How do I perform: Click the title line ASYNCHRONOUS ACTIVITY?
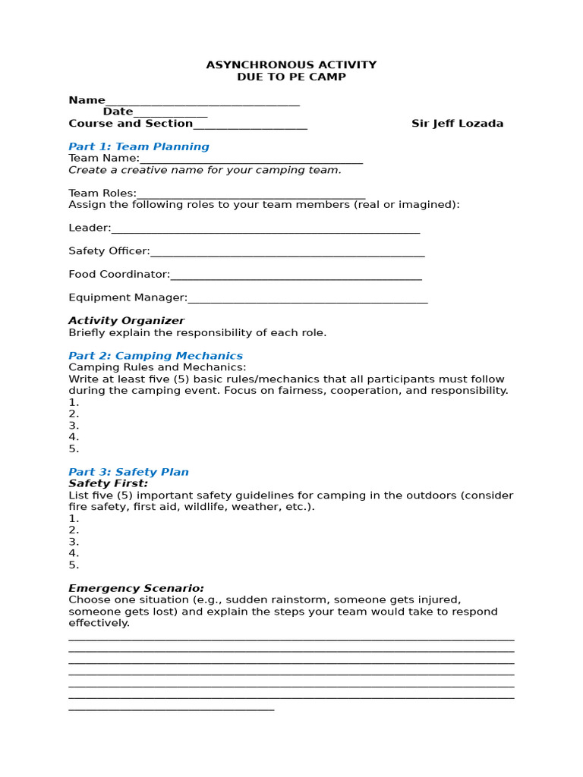pyautogui.click(x=291, y=65)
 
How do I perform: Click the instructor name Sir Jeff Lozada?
pyautogui.click(x=457, y=124)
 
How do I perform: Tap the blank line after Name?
pyautogui.click(x=203, y=102)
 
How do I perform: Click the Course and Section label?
pyautogui.click(x=131, y=124)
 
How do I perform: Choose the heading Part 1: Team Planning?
pyautogui.click(x=139, y=146)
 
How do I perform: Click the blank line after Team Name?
pyautogui.click(x=251, y=160)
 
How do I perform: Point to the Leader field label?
pyautogui.click(x=90, y=228)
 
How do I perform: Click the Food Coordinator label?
pyautogui.click(x=119, y=274)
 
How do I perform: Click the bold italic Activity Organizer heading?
pyautogui.click(x=126, y=321)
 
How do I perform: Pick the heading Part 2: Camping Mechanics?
pyautogui.click(x=156, y=356)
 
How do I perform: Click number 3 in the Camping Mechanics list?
pyautogui.click(x=74, y=426)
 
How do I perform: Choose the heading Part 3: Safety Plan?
pyautogui.click(x=128, y=472)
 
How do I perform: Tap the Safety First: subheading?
pyautogui.click(x=109, y=483)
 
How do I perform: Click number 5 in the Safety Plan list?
pyautogui.click(x=74, y=565)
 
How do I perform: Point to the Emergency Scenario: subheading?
pyautogui.click(x=136, y=588)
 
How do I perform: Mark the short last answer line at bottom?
pyautogui.click(x=171, y=709)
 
